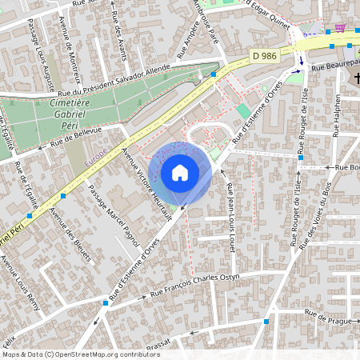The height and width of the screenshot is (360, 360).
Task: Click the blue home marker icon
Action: (180, 173)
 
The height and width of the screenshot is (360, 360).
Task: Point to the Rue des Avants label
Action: (119, 31)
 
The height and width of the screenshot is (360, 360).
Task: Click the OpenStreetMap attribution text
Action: (81, 354)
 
